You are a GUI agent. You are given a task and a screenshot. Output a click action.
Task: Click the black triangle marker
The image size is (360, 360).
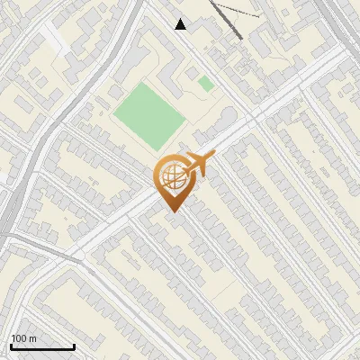click(181, 24)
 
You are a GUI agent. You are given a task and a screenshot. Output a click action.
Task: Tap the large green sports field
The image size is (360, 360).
click(148, 115)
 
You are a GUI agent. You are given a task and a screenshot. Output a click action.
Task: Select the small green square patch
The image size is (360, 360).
click(206, 84)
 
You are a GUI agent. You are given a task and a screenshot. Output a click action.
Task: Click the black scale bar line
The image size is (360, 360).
click(42, 347)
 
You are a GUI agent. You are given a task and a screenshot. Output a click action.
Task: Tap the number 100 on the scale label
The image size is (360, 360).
click(19, 338)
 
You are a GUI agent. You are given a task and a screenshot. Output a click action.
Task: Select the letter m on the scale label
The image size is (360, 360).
click(32, 338)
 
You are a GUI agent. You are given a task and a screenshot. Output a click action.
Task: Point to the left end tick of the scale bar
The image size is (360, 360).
click(11, 346)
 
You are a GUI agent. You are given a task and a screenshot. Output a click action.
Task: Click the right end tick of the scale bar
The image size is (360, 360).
click(74, 346)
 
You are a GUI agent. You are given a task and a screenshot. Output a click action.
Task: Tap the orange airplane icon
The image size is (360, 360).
click(199, 165)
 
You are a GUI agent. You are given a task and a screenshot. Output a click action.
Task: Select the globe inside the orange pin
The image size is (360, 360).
click(171, 178)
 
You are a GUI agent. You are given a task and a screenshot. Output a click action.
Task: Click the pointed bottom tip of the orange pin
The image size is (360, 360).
click(172, 211)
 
